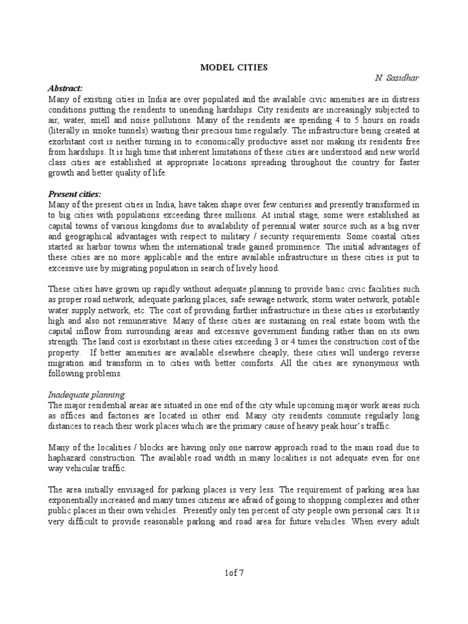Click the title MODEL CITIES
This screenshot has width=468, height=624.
click(x=234, y=68)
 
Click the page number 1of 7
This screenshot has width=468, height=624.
click(x=234, y=572)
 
